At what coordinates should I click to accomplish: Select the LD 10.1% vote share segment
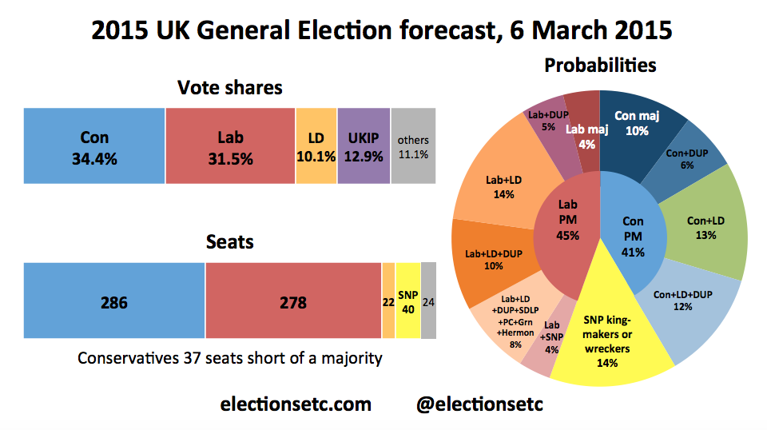click(316, 145)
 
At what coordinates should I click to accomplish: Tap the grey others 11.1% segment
click(413, 145)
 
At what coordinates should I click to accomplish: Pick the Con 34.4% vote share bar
click(94, 145)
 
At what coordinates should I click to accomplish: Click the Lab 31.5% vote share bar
click(230, 145)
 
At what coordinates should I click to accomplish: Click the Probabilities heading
click(600, 65)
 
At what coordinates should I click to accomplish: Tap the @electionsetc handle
click(479, 404)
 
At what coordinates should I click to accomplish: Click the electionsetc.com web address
click(296, 404)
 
